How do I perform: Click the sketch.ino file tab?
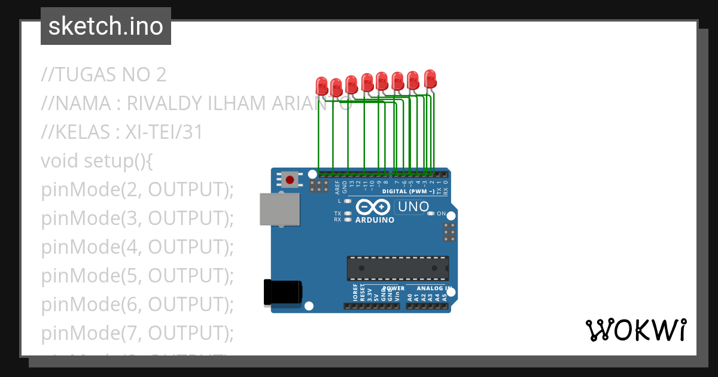pyautogui.click(x=106, y=26)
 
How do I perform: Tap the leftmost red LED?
pyautogui.click(x=322, y=86)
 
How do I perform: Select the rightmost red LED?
pyautogui.click(x=430, y=78)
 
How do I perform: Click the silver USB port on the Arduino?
pyautogui.click(x=279, y=209)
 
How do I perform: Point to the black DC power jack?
pyautogui.click(x=282, y=293)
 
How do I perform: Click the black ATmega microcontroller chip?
pyautogui.click(x=398, y=268)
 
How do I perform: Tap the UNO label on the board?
pyautogui.click(x=412, y=207)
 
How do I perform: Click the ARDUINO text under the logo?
pyautogui.click(x=375, y=220)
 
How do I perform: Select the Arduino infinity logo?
pyautogui.click(x=373, y=207)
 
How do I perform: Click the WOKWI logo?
pyautogui.click(x=635, y=330)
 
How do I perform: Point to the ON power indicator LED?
pyautogui.click(x=431, y=214)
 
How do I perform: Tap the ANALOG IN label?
pyautogui.click(x=435, y=288)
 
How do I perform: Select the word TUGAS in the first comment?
pyautogui.click(x=87, y=75)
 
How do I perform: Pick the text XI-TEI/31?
pyautogui.click(x=164, y=132)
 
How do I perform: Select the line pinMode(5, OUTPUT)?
pyautogui.click(x=137, y=276)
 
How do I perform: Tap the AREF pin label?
pyautogui.click(x=337, y=187)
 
